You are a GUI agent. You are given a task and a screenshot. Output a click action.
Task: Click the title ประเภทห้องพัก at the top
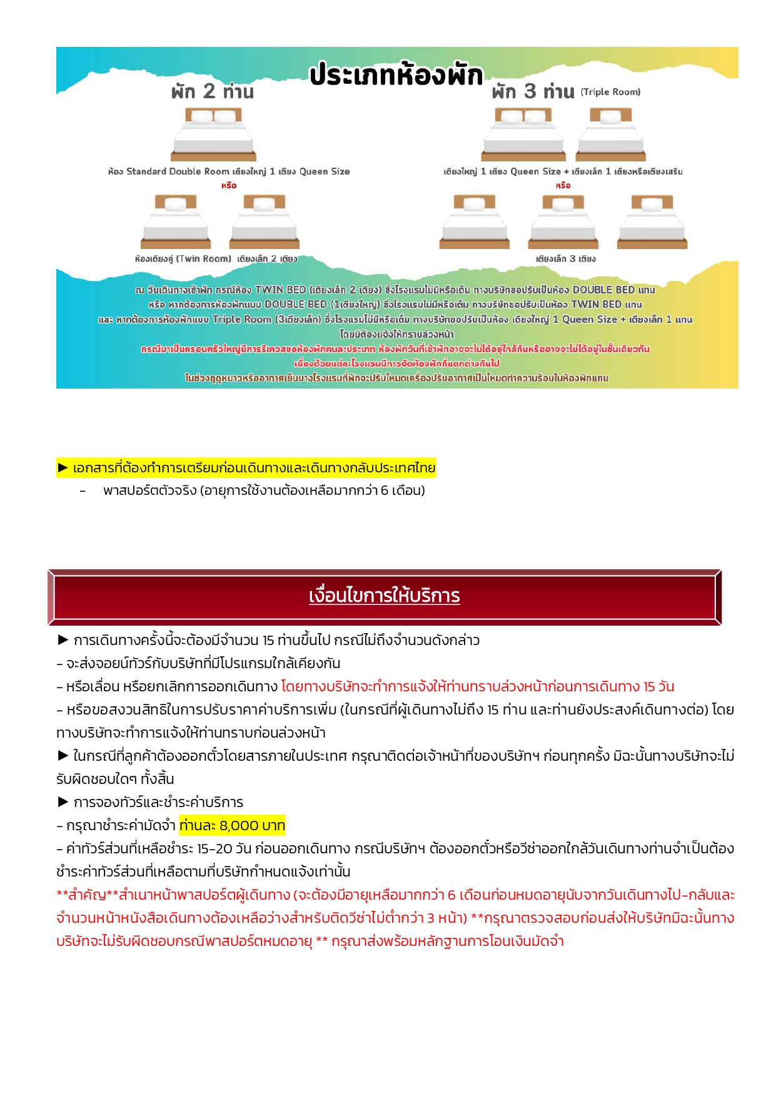[396, 75]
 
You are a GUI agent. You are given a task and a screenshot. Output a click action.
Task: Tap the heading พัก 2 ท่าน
[213, 92]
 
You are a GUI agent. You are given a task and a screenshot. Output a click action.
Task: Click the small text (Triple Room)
[610, 92]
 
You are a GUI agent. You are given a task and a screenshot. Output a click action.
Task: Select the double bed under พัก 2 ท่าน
[214, 134]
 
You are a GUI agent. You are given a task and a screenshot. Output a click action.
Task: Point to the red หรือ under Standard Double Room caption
[229, 185]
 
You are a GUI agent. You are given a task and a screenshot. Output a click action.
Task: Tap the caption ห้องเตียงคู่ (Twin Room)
[183, 258]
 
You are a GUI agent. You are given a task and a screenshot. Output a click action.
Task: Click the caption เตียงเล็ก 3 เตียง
[565, 258]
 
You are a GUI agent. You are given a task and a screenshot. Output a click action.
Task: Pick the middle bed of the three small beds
[563, 221]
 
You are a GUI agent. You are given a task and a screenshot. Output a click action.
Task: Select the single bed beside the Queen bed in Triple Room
[611, 134]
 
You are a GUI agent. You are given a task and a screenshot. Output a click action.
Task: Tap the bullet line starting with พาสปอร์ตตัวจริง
[264, 491]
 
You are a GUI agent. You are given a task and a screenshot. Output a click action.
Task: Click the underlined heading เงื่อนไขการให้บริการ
[384, 596]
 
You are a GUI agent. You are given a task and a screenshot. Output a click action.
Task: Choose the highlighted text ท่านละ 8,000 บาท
[232, 825]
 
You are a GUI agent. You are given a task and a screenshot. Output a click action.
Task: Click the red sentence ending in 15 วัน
[478, 686]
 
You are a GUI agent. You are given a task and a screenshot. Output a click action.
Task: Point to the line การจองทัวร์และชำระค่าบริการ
[158, 802]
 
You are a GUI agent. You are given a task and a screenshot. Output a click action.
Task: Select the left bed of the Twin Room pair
[176, 221]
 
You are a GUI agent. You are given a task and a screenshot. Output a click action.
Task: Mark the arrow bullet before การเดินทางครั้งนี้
[63, 640]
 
